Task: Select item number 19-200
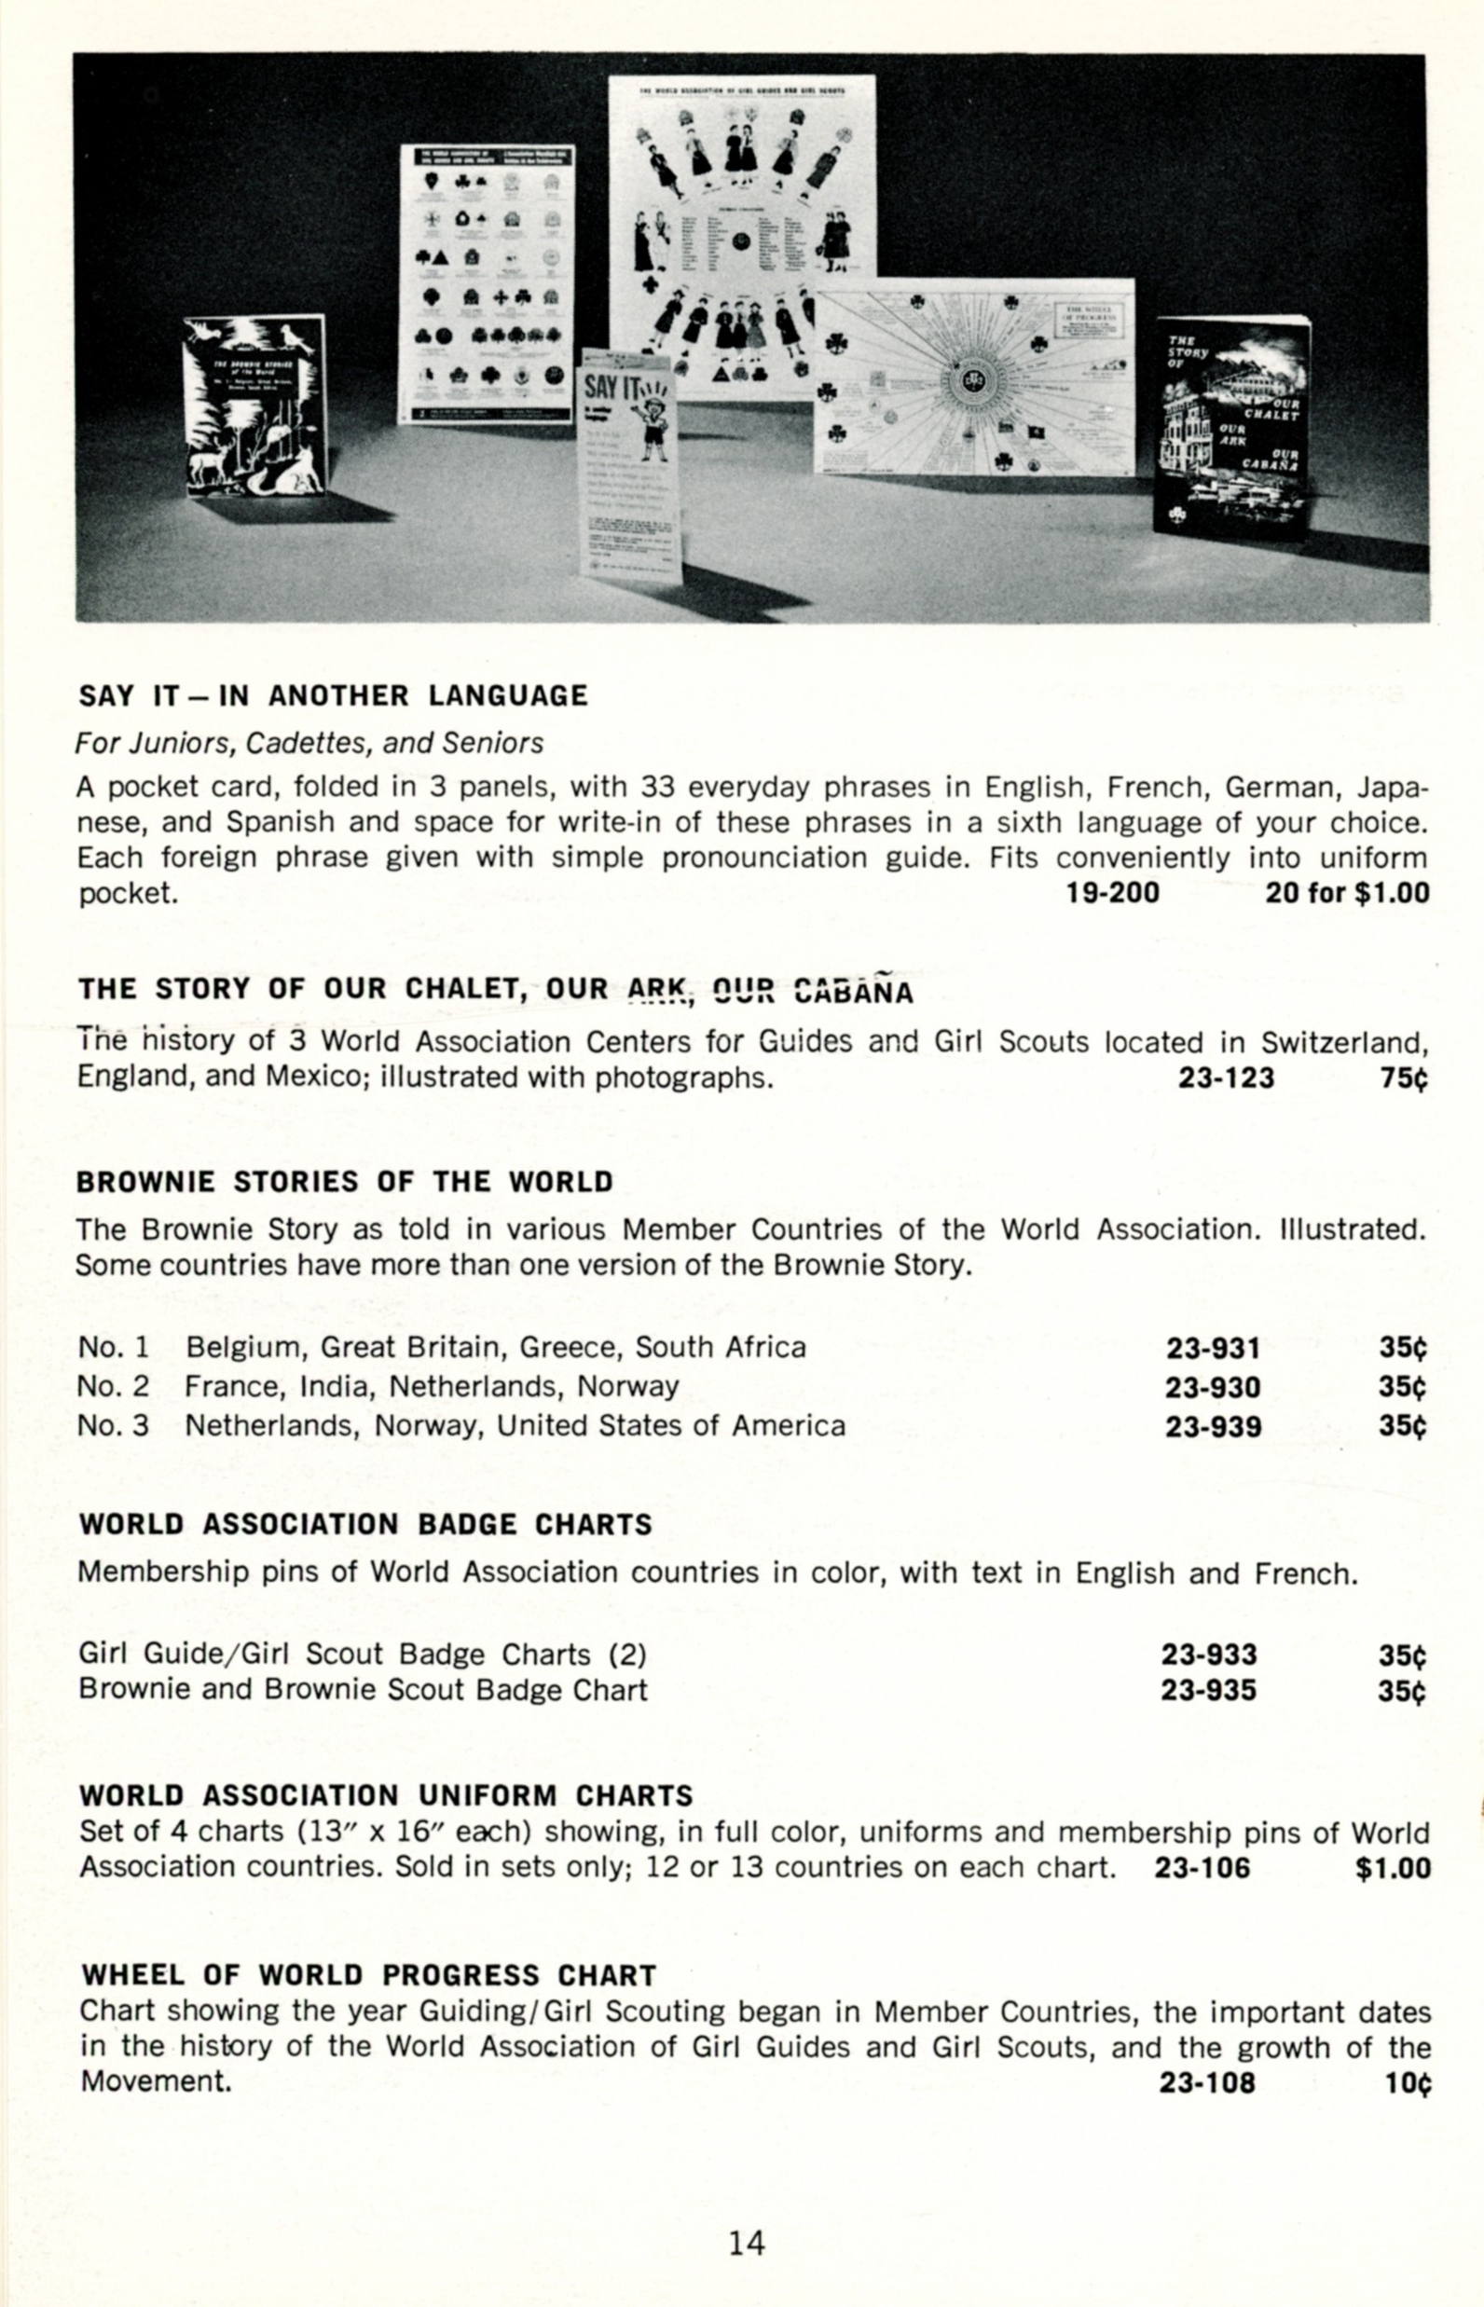click(x=1112, y=892)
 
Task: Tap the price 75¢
click(x=1402, y=1078)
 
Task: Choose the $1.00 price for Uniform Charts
click(x=1393, y=1869)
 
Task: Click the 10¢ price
click(x=1408, y=2082)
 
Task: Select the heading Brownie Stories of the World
click(x=345, y=1183)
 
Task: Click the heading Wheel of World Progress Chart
click(x=369, y=1975)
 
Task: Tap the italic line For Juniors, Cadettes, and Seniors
click(x=309, y=743)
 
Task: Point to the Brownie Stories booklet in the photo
click(x=255, y=406)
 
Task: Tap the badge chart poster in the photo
click(x=487, y=284)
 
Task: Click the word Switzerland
click(x=1342, y=1043)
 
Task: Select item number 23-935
click(x=1208, y=1690)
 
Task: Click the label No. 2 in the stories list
click(x=113, y=1387)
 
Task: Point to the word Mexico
click(x=310, y=1077)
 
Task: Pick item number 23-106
click(x=1202, y=1869)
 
